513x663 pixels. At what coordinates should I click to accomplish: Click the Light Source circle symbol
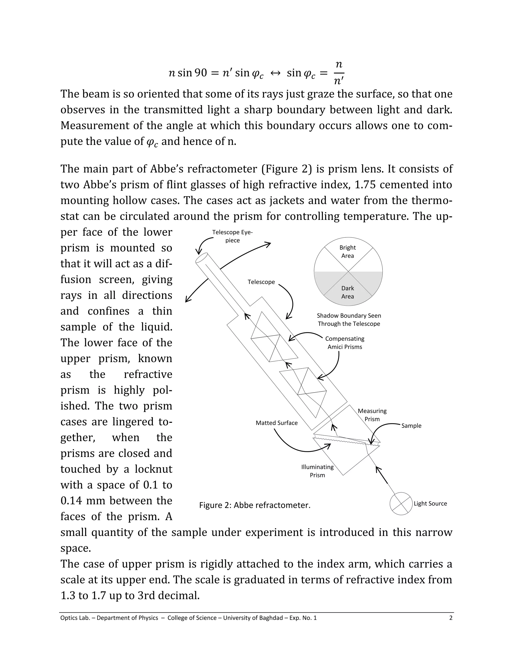point(401,504)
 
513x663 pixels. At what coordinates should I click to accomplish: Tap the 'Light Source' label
point(430,504)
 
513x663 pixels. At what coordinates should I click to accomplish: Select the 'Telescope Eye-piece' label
point(232,236)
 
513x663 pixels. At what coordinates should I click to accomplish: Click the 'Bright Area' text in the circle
point(347,252)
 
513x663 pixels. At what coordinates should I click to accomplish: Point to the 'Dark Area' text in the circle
point(347,292)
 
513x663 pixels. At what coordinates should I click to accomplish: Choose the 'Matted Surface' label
point(277,423)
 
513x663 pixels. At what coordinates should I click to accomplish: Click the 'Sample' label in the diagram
point(411,426)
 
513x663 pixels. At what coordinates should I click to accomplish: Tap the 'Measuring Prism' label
point(372,415)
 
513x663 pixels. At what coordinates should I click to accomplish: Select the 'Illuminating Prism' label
point(317,471)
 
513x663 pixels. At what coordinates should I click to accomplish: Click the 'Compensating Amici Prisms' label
point(345,343)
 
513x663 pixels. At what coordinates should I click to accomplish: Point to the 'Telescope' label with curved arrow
point(261,282)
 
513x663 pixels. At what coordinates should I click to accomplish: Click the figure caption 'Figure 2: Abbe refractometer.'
point(255,505)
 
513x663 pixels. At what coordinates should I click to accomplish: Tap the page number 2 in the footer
point(451,618)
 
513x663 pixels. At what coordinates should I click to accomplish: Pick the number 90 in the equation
point(201,73)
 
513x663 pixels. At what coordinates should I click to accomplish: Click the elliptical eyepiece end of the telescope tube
point(201,258)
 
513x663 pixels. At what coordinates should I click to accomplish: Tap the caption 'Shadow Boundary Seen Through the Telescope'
point(349,320)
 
